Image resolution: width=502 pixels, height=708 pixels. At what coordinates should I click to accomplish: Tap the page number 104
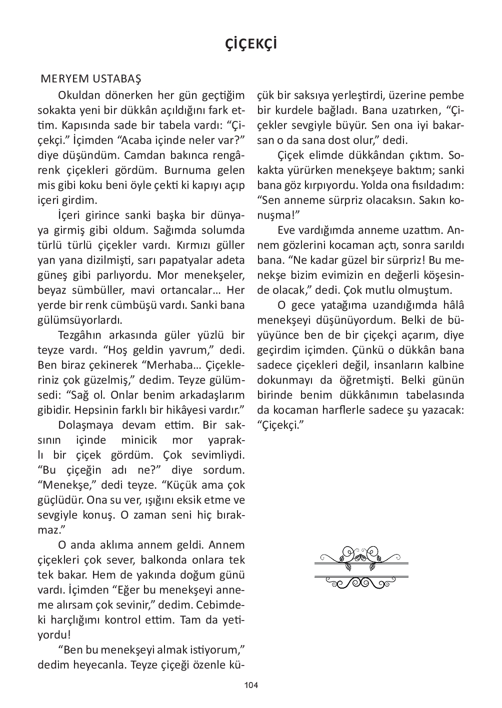tap(251, 685)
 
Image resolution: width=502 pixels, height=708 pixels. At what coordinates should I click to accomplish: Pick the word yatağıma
tap(345, 305)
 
